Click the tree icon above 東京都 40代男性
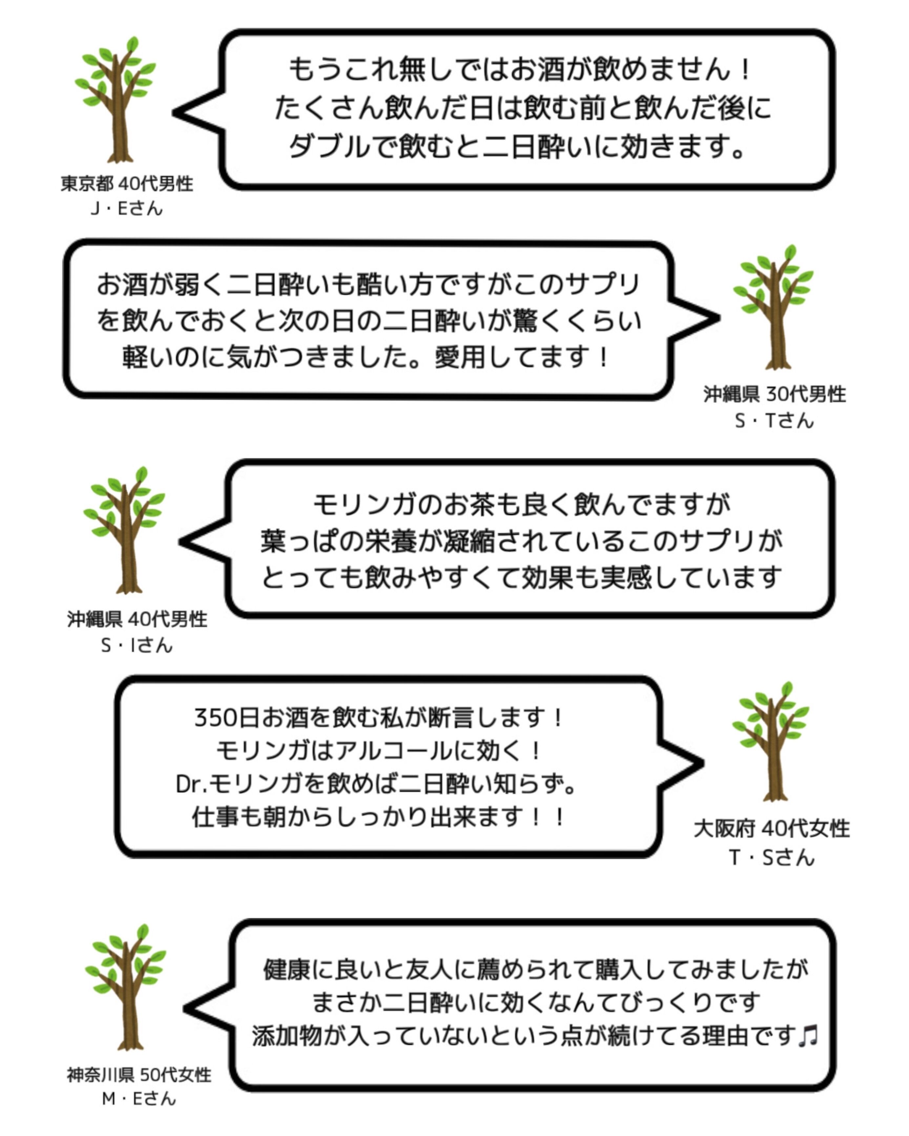point(116,100)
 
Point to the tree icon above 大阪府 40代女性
point(771,742)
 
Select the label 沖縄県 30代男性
point(774,394)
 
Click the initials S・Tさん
point(774,420)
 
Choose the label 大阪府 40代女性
point(772,829)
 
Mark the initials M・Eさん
point(138,1099)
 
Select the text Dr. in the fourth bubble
point(192,784)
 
